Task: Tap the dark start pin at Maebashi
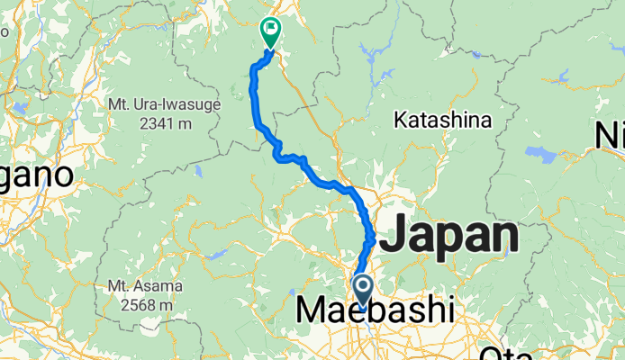pyautogui.click(x=363, y=291)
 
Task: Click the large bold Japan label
pyautogui.click(x=449, y=237)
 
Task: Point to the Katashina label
pyautogui.click(x=442, y=120)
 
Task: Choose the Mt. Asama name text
pyautogui.click(x=145, y=287)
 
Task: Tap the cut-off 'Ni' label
pyautogui.click(x=610, y=135)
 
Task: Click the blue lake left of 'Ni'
pyautogui.click(x=540, y=151)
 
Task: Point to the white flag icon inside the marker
pyautogui.click(x=270, y=28)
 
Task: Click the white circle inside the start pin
pyautogui.click(x=363, y=287)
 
